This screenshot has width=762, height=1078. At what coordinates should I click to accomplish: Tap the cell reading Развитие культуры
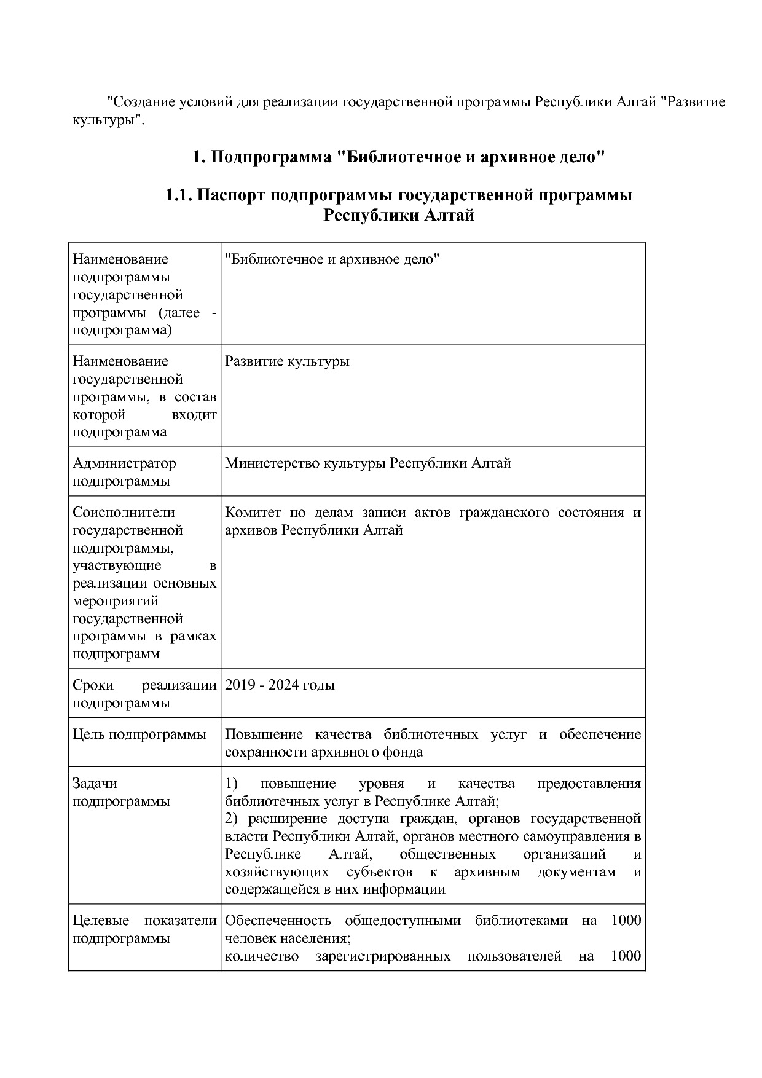[x=287, y=361]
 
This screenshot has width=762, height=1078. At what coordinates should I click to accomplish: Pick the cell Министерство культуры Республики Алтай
[x=367, y=463]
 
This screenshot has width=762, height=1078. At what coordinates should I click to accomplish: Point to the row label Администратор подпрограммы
[x=124, y=472]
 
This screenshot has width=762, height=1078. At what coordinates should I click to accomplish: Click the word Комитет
[x=253, y=513]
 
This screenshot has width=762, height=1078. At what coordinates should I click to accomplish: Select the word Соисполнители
[x=124, y=513]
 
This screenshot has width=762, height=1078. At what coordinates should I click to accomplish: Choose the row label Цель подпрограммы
[x=139, y=734]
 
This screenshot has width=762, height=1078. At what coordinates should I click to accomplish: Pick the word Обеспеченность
[x=278, y=921]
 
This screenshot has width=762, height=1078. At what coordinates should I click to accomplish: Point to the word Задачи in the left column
[x=95, y=784]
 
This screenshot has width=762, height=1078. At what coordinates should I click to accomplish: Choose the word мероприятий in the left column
[x=116, y=601]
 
